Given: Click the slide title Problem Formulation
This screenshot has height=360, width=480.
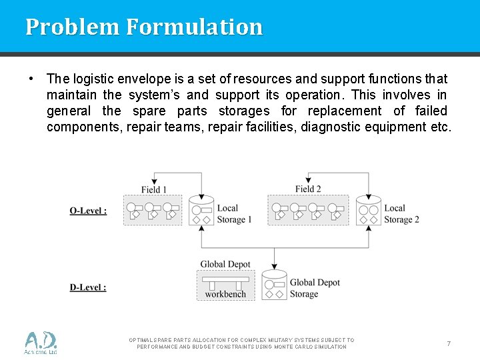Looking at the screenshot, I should [x=144, y=27].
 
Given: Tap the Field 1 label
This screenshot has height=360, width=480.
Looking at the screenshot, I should [x=154, y=189].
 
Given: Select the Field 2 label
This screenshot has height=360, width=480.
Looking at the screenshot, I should [x=308, y=189].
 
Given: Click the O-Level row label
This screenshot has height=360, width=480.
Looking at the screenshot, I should [x=88, y=211].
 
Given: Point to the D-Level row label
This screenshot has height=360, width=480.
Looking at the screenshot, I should [x=88, y=287].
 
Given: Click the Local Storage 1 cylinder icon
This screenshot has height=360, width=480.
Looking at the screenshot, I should [x=201, y=211].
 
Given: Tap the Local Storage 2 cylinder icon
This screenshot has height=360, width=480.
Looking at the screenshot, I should [x=369, y=211].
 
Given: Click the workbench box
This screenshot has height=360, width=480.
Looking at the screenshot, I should [x=225, y=285].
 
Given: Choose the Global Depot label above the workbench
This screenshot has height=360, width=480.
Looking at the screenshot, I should [x=225, y=265].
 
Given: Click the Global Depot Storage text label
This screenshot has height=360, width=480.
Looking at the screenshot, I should [x=315, y=288].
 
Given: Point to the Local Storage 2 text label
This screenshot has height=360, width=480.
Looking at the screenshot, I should [x=401, y=214].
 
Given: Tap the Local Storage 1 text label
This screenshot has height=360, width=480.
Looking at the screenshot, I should [x=234, y=214].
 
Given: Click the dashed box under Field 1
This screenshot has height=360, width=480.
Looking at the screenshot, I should [x=153, y=210].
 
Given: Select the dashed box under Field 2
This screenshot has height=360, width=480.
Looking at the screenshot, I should [x=307, y=210].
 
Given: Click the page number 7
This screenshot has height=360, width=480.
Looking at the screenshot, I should [x=449, y=343].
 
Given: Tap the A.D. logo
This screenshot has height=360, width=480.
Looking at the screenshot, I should [x=41, y=343].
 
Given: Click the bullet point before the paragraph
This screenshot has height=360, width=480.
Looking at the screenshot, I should [x=31, y=78].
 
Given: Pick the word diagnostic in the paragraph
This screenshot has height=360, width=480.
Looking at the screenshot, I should [x=331, y=127].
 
